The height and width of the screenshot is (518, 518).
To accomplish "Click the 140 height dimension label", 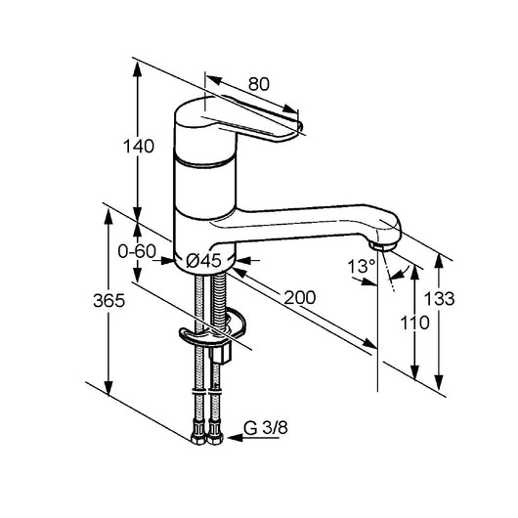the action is coord(139,146).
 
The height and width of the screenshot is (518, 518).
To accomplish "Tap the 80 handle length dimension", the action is coord(259,84).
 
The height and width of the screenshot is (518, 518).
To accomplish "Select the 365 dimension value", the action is coord(108,300).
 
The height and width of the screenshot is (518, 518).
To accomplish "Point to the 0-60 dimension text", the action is coord(137,252).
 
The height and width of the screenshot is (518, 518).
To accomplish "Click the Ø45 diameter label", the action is coord(204,260).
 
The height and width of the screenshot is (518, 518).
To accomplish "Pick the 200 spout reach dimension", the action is coord(300,297).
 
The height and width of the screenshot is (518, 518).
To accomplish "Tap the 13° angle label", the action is coord(362,266).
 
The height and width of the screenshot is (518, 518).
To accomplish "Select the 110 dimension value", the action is coord(415,323).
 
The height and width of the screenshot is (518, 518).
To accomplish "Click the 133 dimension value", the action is coord(439,299).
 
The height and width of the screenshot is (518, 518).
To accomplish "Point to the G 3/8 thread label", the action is coord(266,428).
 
